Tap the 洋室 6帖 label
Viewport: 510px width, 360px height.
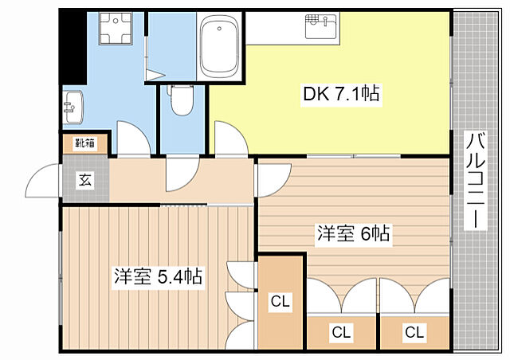pyautogui.click(x=354, y=234)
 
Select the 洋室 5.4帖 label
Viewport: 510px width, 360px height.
pyautogui.click(x=157, y=277)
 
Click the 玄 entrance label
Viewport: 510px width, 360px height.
pyautogui.click(x=84, y=180)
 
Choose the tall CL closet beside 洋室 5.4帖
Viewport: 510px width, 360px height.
pyautogui.click(x=280, y=302)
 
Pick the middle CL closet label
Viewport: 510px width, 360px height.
pyautogui.click(x=341, y=331)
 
